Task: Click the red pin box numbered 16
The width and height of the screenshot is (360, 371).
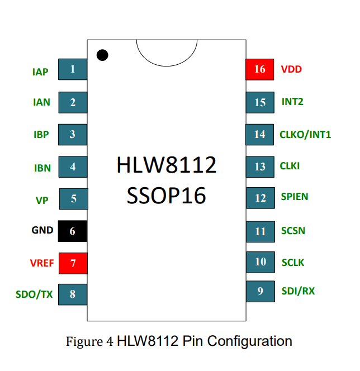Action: [259, 69]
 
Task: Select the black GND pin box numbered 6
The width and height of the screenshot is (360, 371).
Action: [73, 231]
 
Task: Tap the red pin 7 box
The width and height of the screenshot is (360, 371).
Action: [73, 263]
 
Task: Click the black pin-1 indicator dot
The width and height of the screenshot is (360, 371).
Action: [102, 55]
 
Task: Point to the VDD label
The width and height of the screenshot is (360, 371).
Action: [291, 69]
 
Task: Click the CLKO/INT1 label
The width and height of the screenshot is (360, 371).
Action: [305, 135]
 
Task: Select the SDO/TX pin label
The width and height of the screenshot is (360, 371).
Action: [34, 294]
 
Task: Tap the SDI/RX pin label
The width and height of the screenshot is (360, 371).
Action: [298, 291]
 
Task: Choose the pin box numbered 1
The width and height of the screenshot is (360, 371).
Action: [73, 69]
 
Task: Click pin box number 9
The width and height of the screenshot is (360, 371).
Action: [260, 291]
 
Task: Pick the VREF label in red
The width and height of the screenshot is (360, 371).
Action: [42, 263]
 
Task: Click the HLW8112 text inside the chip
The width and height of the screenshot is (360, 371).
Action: [167, 165]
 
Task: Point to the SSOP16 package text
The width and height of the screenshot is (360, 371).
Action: [166, 196]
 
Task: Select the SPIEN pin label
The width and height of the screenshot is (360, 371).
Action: [295, 197]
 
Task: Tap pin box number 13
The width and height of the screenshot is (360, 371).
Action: [260, 167]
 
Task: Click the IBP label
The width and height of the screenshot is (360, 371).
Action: [41, 135]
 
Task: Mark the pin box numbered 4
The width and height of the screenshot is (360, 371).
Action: [73, 167]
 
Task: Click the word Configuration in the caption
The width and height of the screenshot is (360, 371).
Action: [249, 341]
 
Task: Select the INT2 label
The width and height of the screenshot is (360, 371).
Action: [292, 102]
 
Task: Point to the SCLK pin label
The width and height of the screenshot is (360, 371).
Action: [293, 263]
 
